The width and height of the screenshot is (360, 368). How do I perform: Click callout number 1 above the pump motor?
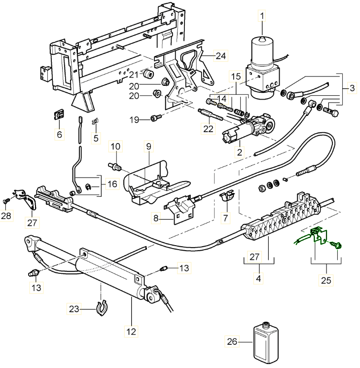click(262, 17)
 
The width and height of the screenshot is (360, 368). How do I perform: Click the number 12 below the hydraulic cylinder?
click(131, 331)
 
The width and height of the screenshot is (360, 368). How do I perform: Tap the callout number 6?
click(60, 134)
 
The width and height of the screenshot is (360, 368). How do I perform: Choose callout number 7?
click(226, 217)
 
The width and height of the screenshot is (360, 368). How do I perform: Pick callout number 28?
click(6, 217)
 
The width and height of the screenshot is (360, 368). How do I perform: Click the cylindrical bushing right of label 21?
click(146, 74)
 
